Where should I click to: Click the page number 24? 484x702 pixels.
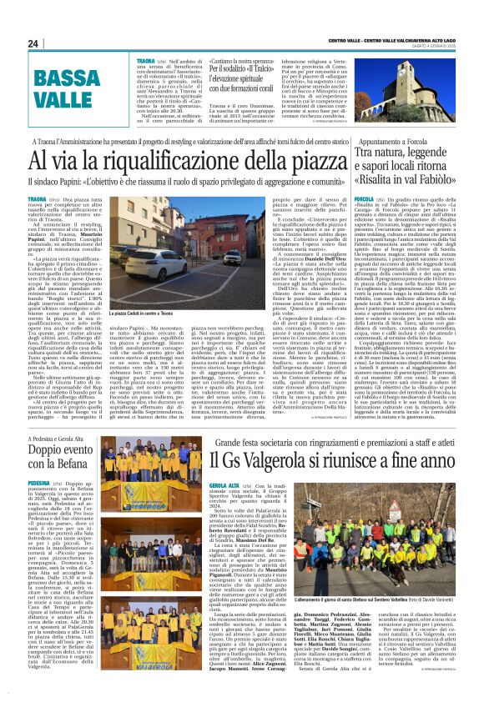click(33, 43)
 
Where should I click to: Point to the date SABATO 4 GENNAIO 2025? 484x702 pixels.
click(449, 43)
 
